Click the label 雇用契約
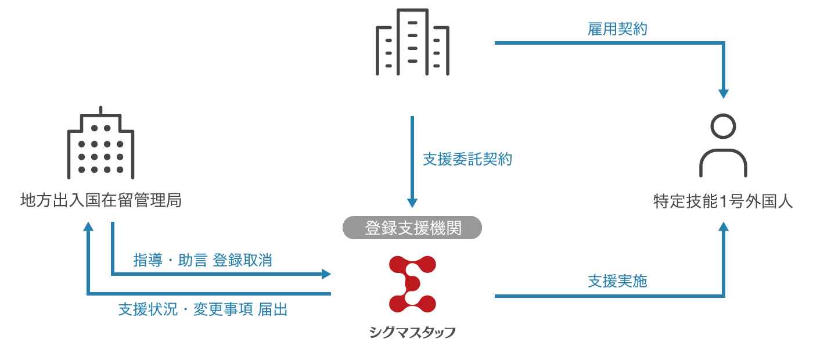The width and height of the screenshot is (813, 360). pyautogui.click(x=617, y=29)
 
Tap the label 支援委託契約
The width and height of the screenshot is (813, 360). pyautogui.click(x=467, y=159)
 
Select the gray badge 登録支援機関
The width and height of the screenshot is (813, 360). pyautogui.click(x=412, y=228)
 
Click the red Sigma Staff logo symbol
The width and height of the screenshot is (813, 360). pyautogui.click(x=412, y=284)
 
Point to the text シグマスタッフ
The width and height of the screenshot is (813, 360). pyautogui.click(x=412, y=332)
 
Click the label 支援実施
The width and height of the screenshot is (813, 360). pyautogui.click(x=617, y=281)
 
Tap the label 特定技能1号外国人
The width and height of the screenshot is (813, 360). pyautogui.click(x=723, y=201)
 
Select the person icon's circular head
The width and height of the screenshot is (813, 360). pyautogui.click(x=723, y=127)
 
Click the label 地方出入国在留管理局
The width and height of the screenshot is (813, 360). pyautogui.click(x=101, y=200)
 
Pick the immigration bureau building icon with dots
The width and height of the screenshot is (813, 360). pyautogui.click(x=101, y=143)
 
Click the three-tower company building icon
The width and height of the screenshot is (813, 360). pyautogui.click(x=412, y=42)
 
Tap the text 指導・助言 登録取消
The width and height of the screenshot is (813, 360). pyautogui.click(x=203, y=260)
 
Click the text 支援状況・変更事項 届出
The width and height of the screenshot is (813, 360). pyautogui.click(x=203, y=309)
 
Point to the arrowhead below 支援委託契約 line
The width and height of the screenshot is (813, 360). pyautogui.click(x=412, y=203)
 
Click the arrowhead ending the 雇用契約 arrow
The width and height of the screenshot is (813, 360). pyautogui.click(x=724, y=93)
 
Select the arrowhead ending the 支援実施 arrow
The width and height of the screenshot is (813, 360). pyautogui.click(x=724, y=226)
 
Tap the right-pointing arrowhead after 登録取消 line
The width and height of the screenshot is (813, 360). pyautogui.click(x=326, y=274)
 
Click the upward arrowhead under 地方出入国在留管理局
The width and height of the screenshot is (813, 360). pyautogui.click(x=88, y=226)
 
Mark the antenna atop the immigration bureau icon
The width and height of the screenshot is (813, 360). pyautogui.click(x=101, y=110)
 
